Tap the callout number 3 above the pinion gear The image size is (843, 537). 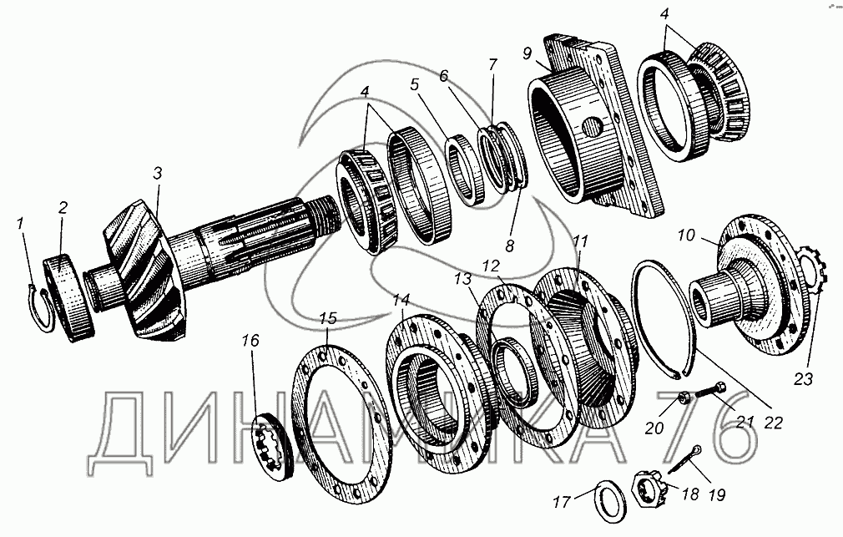157,173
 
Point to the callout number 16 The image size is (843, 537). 252,341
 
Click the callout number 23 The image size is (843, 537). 802,379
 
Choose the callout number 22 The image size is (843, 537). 773,422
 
